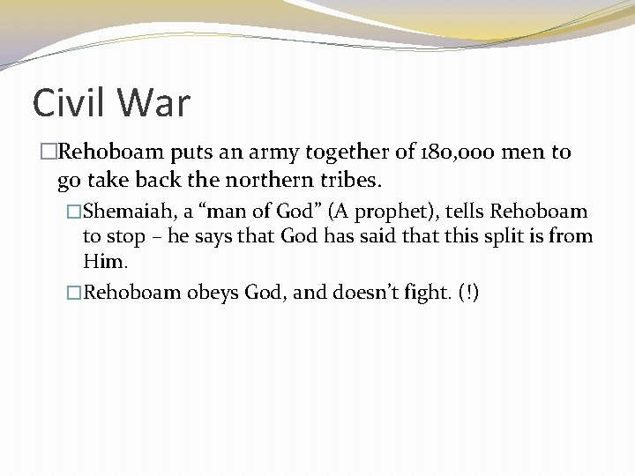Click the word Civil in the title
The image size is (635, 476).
[x=72, y=103]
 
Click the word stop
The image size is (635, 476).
[x=125, y=236]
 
